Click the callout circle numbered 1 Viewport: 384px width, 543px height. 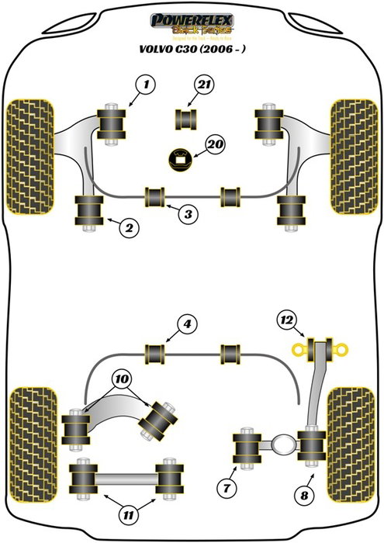tap(144, 83)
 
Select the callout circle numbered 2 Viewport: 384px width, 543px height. tap(129, 227)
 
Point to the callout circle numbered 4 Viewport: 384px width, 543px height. tap(186, 324)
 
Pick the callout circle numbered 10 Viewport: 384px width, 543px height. tap(120, 379)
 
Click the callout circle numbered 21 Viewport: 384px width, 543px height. tap(204, 85)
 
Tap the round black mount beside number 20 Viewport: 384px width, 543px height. tap(181, 158)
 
